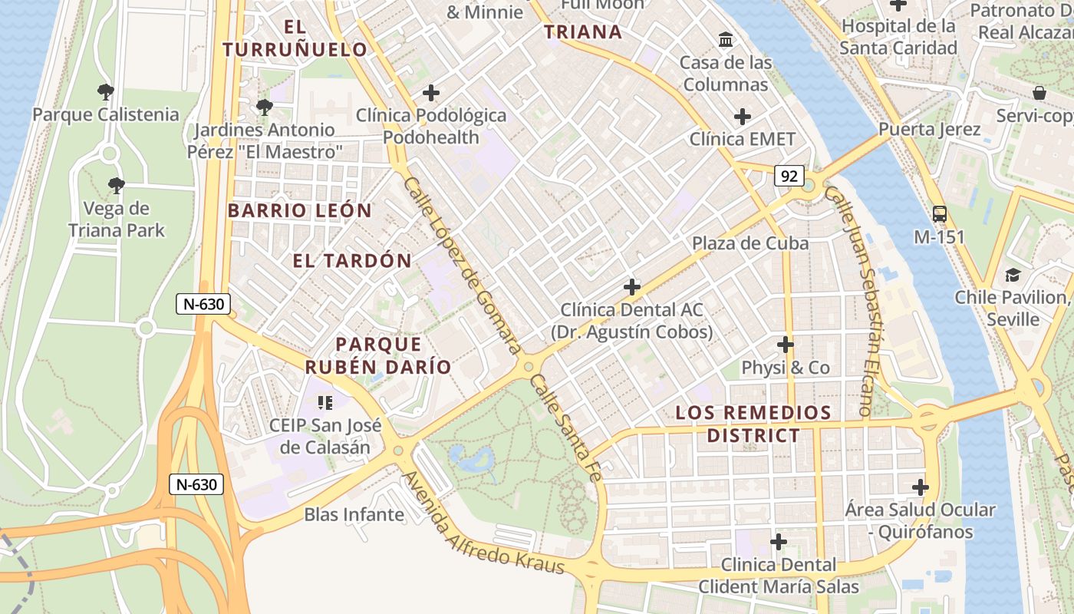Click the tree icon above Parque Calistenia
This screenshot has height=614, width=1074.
[x=106, y=92]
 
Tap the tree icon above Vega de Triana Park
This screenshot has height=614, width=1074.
[x=117, y=185]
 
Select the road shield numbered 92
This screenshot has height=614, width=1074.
[x=789, y=176]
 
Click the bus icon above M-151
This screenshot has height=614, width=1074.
[x=939, y=214]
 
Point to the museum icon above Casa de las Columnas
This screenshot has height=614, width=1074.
[x=725, y=39]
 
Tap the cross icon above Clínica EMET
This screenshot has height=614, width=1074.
[x=742, y=117]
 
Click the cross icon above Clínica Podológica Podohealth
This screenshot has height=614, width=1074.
[x=431, y=93]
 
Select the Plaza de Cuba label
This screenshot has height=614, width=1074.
[x=750, y=243]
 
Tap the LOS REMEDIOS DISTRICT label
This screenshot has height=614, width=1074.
[x=753, y=424]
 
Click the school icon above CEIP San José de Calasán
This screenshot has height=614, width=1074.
[x=325, y=402]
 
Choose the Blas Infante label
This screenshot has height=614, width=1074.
[x=354, y=514]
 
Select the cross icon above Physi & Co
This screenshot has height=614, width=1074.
[x=785, y=344]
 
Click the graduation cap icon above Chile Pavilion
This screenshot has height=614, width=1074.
[x=1013, y=275]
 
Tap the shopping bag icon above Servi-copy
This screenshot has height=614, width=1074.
[x=1039, y=93]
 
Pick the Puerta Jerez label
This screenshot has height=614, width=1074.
[x=930, y=129]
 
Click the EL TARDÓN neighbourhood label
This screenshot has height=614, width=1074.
[x=352, y=260]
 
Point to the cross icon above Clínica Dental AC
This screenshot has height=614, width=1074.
[x=631, y=287]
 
